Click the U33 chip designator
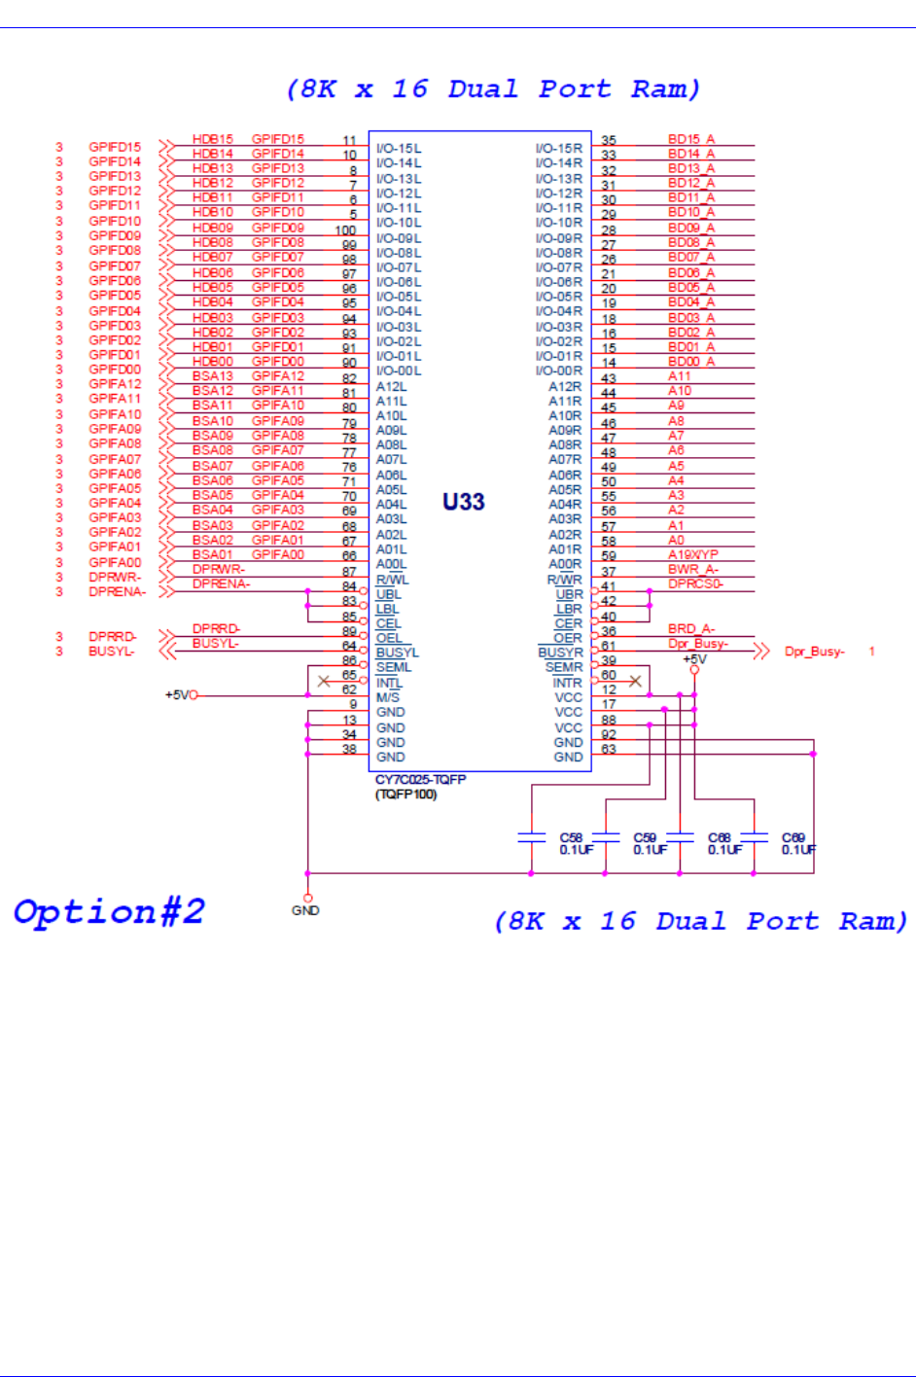click(463, 502)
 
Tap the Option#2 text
click(109, 912)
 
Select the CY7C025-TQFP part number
click(421, 780)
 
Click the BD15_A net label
click(690, 139)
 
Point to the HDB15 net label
click(212, 139)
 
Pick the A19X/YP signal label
click(692, 554)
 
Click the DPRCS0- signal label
click(695, 583)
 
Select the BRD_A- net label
click(690, 629)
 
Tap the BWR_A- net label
click(692, 570)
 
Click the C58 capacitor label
click(571, 837)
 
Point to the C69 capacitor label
click(793, 837)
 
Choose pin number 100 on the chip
click(345, 230)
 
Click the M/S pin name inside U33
click(387, 697)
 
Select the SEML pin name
click(393, 667)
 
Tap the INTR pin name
click(567, 683)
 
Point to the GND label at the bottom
click(305, 910)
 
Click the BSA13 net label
click(212, 376)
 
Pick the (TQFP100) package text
click(405, 794)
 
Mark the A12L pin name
click(391, 386)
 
